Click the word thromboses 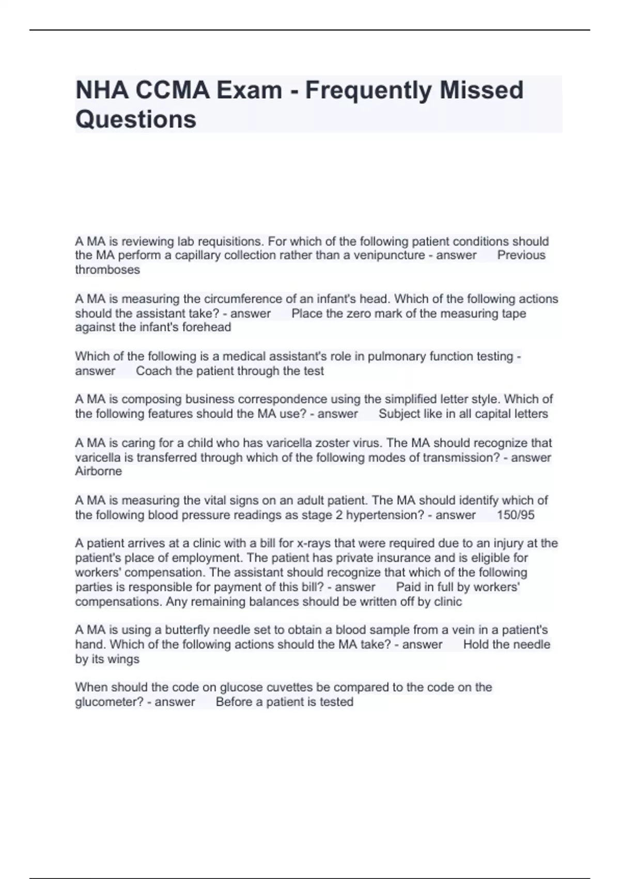(107, 270)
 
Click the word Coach (154, 371)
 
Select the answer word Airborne (99, 472)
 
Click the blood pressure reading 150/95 (516, 515)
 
